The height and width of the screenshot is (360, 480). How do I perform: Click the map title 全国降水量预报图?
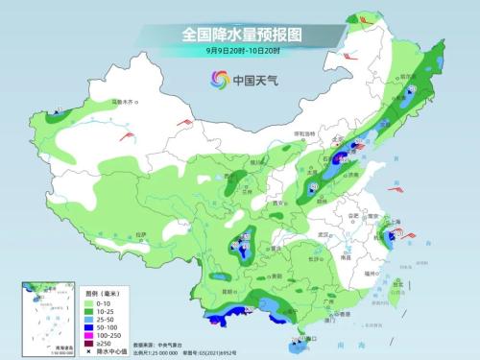coord(241,33)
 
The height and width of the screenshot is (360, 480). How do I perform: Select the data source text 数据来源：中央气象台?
coord(159,343)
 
